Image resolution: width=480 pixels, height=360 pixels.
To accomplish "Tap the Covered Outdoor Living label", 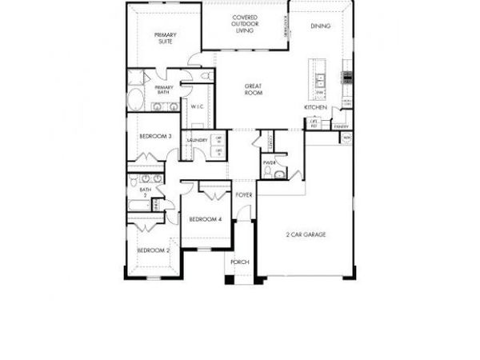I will tap(244, 24).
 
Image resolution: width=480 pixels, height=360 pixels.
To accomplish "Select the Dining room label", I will tap(319, 26).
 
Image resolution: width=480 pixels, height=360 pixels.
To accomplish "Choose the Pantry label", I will tap(342, 126).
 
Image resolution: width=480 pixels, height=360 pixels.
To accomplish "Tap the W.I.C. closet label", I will tap(198, 107).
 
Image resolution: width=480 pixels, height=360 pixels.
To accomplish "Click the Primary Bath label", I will tap(163, 90).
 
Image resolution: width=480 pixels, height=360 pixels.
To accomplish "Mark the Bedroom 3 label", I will tap(155, 137).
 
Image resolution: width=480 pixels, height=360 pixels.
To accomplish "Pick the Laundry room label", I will tap(197, 141).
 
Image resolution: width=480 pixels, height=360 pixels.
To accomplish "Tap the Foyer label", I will tap(243, 194).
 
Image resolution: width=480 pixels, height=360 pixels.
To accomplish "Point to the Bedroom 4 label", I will tap(205, 219).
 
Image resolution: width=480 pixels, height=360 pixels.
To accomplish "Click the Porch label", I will tap(239, 262).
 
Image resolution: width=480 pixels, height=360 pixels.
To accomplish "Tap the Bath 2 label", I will tap(146, 193).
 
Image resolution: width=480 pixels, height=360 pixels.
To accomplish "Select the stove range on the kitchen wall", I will tap(348, 78).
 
